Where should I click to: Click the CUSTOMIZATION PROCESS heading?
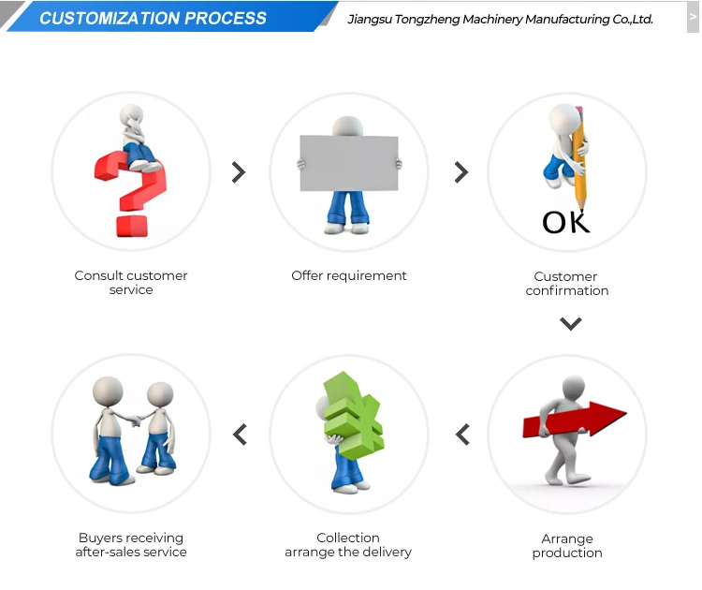[x=153, y=18]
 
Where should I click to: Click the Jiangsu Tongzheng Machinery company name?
[x=500, y=19]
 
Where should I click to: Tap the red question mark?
[x=131, y=192]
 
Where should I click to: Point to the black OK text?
[x=566, y=222]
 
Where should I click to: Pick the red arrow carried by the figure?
[x=575, y=421]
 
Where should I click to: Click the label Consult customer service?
[x=131, y=283]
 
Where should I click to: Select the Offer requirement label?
[x=349, y=276]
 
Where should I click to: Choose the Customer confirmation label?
[x=566, y=284]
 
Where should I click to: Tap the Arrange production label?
[x=567, y=546]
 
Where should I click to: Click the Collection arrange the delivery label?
[x=348, y=545]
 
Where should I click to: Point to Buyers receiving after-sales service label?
[x=131, y=545]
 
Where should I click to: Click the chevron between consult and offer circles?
[x=239, y=172]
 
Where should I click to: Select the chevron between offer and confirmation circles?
[x=461, y=172]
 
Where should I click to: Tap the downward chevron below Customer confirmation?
[x=571, y=324]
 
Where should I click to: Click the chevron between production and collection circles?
[x=461, y=435]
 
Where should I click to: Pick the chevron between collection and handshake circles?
[x=240, y=435]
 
